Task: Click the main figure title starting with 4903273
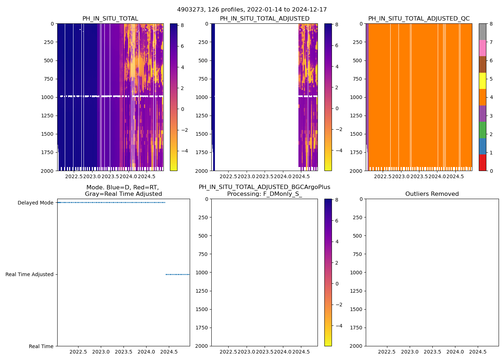coord(252,10)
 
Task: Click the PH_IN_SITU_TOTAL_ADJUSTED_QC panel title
coord(419,19)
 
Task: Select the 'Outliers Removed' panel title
coord(432,194)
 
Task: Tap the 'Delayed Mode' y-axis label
coord(35,203)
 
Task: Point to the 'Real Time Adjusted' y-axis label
coord(30,274)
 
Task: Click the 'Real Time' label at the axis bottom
coord(41,346)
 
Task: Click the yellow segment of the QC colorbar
coord(482,81)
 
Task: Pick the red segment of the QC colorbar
coord(482,162)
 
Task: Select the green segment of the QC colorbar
coord(482,130)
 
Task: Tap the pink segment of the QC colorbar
coord(482,48)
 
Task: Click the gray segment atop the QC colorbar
coord(482,32)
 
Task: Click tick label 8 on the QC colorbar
coord(491,24)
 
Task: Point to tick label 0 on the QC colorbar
coord(491,171)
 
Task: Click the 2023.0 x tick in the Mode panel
coord(101,352)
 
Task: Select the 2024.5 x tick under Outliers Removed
coord(478,352)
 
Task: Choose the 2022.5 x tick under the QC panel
coord(382,177)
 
